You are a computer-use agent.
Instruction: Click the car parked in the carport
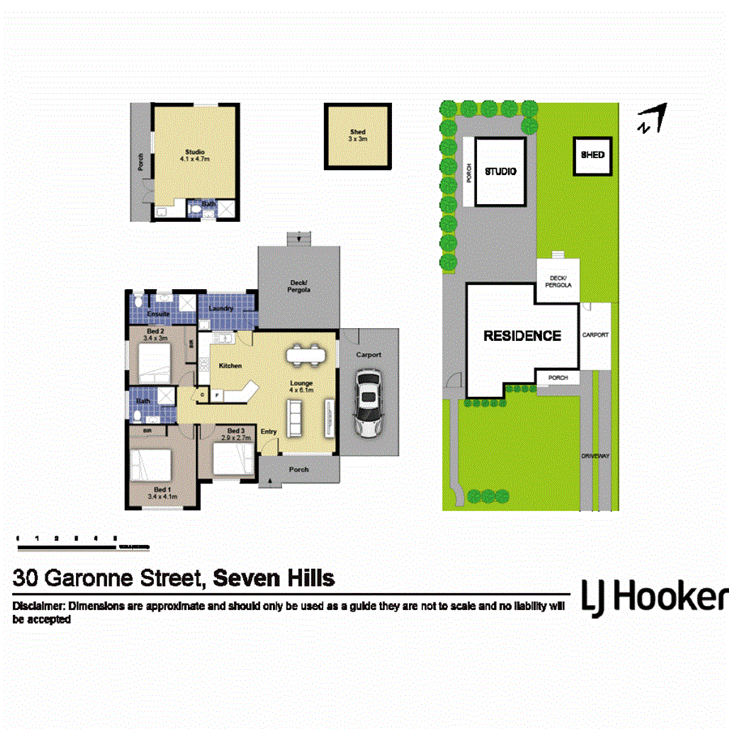pos(369,403)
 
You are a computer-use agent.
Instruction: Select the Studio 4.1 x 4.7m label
pos(194,156)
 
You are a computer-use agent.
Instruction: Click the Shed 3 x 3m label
pos(357,135)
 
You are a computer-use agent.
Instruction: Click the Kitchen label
pos(230,366)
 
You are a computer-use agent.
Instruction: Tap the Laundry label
pos(221,309)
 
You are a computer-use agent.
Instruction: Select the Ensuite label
pos(158,313)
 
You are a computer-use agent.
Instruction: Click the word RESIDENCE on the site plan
pos(522,335)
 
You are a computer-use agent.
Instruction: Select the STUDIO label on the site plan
pos(501,172)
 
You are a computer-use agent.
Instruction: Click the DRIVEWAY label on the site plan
pos(595,456)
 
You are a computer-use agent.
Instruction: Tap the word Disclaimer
pos(38,606)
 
